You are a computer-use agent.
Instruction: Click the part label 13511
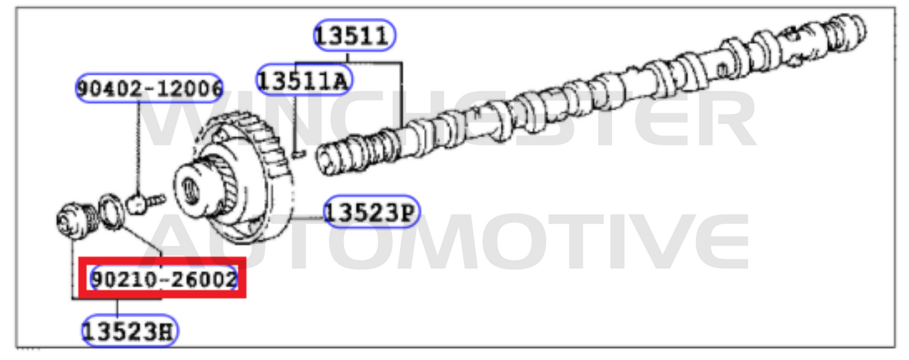(x=355, y=35)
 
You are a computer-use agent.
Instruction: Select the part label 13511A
(x=304, y=80)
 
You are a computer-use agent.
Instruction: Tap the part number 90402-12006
(x=149, y=88)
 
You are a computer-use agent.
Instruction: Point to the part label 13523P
(x=372, y=211)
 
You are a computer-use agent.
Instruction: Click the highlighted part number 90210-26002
(x=164, y=279)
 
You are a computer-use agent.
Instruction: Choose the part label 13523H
(x=130, y=331)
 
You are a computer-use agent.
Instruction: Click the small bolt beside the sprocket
(x=145, y=202)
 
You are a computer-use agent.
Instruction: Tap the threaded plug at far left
(x=77, y=221)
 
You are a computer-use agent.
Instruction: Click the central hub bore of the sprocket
(x=189, y=189)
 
